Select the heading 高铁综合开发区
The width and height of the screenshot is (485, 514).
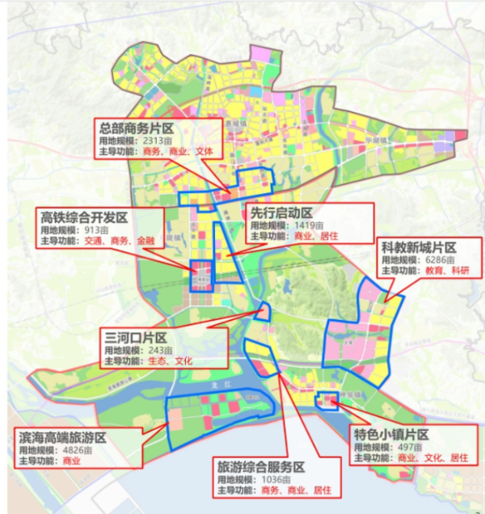tap(85, 217)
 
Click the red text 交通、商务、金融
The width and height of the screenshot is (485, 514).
tap(120, 241)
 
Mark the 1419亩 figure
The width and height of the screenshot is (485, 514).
tap(309, 225)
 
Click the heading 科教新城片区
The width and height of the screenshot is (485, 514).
tap(419, 247)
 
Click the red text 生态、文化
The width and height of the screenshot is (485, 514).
tap(170, 361)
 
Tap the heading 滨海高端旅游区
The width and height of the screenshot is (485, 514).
tap(63, 436)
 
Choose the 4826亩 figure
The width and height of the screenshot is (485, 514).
tap(73, 449)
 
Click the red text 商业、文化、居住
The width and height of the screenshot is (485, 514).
tap(432, 458)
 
